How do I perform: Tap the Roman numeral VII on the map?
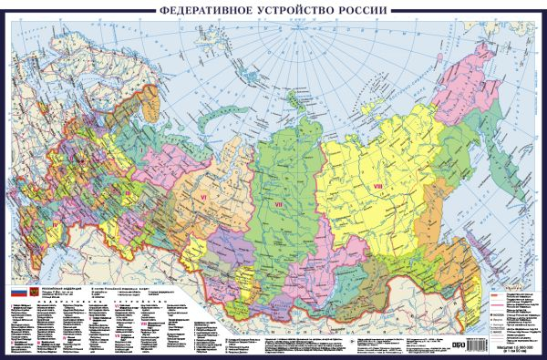[280, 205]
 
